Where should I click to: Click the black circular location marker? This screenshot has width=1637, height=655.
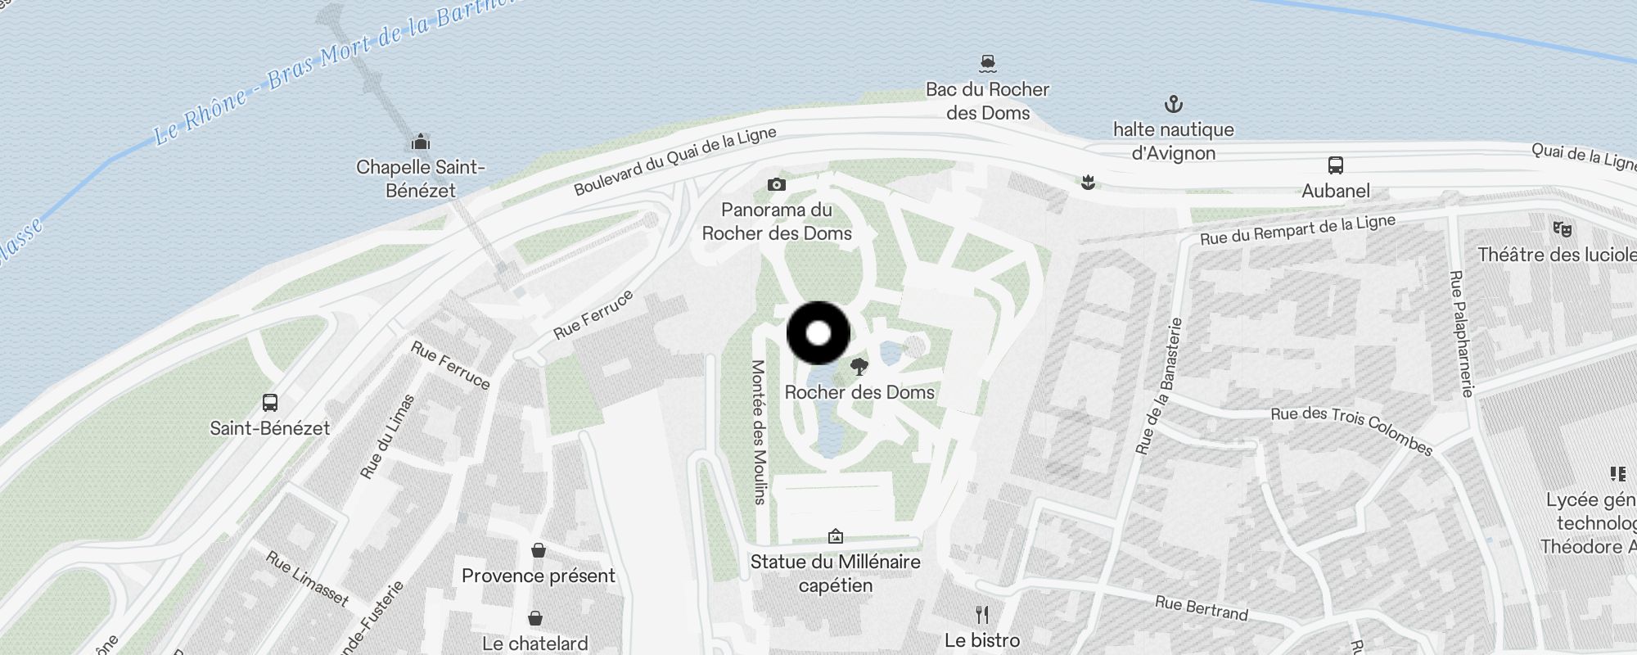[x=818, y=333]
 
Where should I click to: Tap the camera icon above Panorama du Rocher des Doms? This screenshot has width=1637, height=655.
[x=777, y=185]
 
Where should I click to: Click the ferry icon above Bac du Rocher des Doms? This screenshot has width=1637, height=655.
[x=988, y=63]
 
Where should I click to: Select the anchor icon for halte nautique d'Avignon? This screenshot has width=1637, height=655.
[x=1174, y=104]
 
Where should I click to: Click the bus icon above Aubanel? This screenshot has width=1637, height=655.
[x=1336, y=165]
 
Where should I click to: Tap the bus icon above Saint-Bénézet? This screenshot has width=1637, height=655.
[x=270, y=403]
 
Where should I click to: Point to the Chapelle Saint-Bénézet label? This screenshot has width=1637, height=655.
[x=421, y=178]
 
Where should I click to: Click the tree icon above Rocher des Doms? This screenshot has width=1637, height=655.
[x=859, y=366]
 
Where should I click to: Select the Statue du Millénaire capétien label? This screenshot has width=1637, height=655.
[x=835, y=573]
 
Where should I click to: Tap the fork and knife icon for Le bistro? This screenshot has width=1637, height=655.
[x=982, y=614]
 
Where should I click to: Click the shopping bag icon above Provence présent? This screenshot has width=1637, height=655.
[x=538, y=550]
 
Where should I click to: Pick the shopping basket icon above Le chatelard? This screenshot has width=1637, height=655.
[x=535, y=617]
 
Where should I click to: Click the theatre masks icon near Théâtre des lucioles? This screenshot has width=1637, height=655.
[x=1562, y=229]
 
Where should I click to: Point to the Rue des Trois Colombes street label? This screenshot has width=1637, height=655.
[x=1351, y=429]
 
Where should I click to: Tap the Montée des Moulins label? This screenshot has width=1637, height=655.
[x=759, y=431]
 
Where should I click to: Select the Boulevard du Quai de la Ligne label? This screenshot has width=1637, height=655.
[x=674, y=161]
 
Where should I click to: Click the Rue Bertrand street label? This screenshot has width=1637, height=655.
[x=1201, y=608]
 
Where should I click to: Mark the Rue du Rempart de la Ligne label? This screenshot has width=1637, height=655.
[x=1297, y=229]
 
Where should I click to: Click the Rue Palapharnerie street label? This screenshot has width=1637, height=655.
[x=1461, y=333]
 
